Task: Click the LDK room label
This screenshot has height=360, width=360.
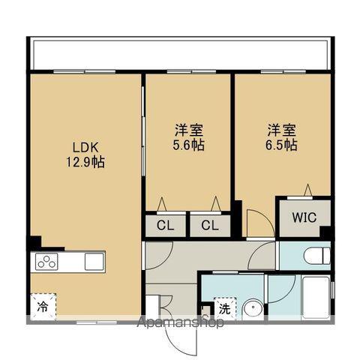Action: pyautogui.click(x=83, y=146)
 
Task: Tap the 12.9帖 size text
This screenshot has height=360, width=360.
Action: pyautogui.click(x=83, y=160)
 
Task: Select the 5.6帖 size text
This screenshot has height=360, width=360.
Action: pyautogui.click(x=188, y=144)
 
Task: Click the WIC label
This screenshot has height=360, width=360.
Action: pyautogui.click(x=304, y=218)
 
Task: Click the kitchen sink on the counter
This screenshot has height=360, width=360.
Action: pyautogui.click(x=94, y=262)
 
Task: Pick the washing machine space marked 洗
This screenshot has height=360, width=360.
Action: pyautogui.click(x=223, y=307)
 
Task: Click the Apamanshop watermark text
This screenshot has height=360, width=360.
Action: pyautogui.click(x=180, y=324)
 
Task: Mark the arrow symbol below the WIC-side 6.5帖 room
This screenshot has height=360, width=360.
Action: pyautogui.click(x=307, y=188)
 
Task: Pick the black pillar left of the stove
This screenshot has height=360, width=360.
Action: pyautogui.click(x=34, y=244)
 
